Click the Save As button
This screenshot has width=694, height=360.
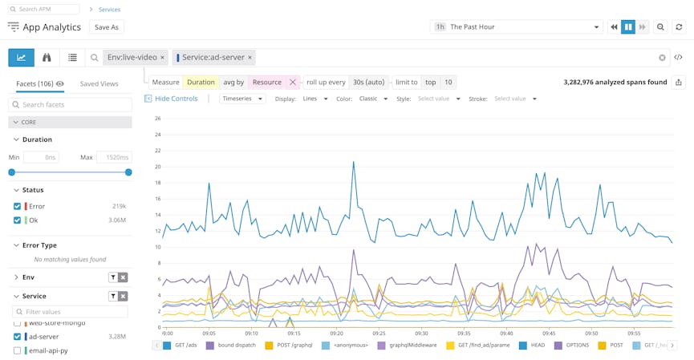(106, 27)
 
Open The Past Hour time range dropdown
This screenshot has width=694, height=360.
(516, 27)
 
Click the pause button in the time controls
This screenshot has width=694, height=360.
(628, 27)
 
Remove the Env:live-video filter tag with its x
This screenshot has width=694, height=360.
(162, 58)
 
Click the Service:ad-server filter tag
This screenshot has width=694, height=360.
(213, 58)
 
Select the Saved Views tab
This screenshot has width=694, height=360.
(99, 83)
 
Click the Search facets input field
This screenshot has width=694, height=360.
(70, 105)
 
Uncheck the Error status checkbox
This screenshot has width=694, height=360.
(18, 206)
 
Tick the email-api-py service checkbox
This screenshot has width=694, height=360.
(18, 350)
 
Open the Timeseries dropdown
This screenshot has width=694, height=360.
(243, 99)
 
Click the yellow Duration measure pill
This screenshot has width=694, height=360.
(201, 82)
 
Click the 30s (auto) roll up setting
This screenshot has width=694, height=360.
(369, 82)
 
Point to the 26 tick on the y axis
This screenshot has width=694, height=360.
(158, 119)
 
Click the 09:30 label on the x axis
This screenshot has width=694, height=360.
(420, 334)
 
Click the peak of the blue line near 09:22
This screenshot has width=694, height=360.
(353, 162)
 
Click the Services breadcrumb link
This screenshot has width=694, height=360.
(109, 10)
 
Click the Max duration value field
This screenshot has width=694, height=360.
(114, 157)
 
